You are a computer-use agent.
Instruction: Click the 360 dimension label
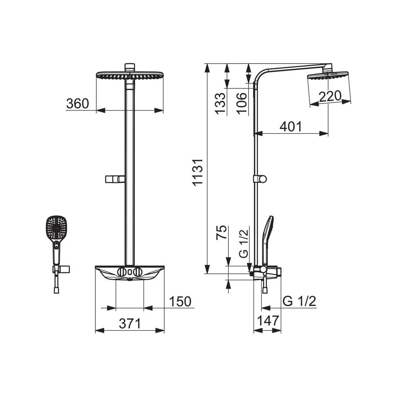tap(78, 104)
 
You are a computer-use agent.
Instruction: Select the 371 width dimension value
tap(130, 323)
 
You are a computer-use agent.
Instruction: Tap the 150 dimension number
tap(180, 302)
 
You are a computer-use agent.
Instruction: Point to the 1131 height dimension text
tap(198, 173)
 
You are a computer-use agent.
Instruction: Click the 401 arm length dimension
tap(291, 126)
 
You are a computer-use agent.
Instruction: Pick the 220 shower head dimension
tap(330, 96)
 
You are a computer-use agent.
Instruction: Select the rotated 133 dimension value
tap(220, 104)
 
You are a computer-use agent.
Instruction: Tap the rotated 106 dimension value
tap(242, 104)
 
